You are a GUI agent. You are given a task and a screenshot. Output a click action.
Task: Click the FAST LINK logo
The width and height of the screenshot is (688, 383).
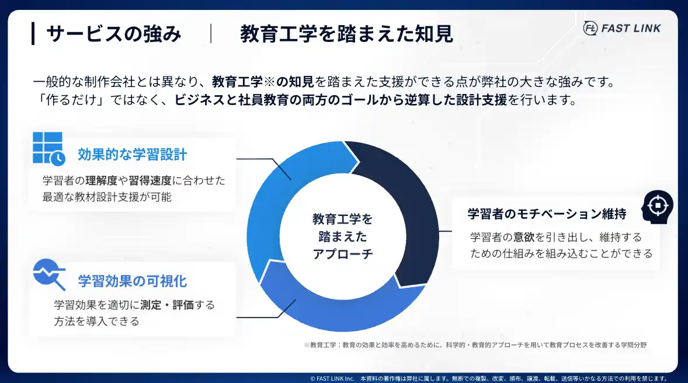pos(622,28)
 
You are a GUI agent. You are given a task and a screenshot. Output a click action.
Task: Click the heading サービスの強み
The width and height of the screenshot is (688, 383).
pos(114,34)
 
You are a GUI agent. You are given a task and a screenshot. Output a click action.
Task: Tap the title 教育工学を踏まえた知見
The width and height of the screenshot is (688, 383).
pos(347,34)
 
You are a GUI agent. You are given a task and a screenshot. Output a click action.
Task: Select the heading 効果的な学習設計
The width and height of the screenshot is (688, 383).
pos(132,155)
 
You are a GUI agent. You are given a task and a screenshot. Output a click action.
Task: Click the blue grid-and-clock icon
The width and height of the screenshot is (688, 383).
pos(48,149)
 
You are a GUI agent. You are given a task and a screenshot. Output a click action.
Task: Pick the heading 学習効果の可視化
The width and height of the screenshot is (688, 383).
pos(133,281)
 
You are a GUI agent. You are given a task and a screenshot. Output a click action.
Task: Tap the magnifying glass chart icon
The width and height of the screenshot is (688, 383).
pos(49,274)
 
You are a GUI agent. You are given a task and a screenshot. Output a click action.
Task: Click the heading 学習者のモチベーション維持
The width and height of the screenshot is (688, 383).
pos(547,214)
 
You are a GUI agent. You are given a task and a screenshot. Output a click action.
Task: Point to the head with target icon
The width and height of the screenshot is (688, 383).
pos(657,207)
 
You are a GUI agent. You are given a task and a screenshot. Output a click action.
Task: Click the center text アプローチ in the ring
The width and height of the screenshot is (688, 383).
pos(343,254)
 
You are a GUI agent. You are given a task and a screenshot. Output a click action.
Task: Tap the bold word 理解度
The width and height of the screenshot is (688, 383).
pos(102,180)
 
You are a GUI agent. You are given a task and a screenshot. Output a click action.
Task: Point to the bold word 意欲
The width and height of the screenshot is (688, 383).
pos(524,238)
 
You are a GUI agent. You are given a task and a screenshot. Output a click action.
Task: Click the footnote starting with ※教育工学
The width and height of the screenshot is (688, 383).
pos(475,345)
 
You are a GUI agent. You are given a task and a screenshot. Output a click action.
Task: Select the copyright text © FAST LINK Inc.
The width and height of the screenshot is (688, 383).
pos(332,378)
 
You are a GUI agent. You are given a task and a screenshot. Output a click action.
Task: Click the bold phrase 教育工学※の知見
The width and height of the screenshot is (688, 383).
pos(263,82)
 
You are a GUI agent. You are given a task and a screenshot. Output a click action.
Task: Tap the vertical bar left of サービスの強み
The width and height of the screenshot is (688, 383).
pos(33,34)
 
